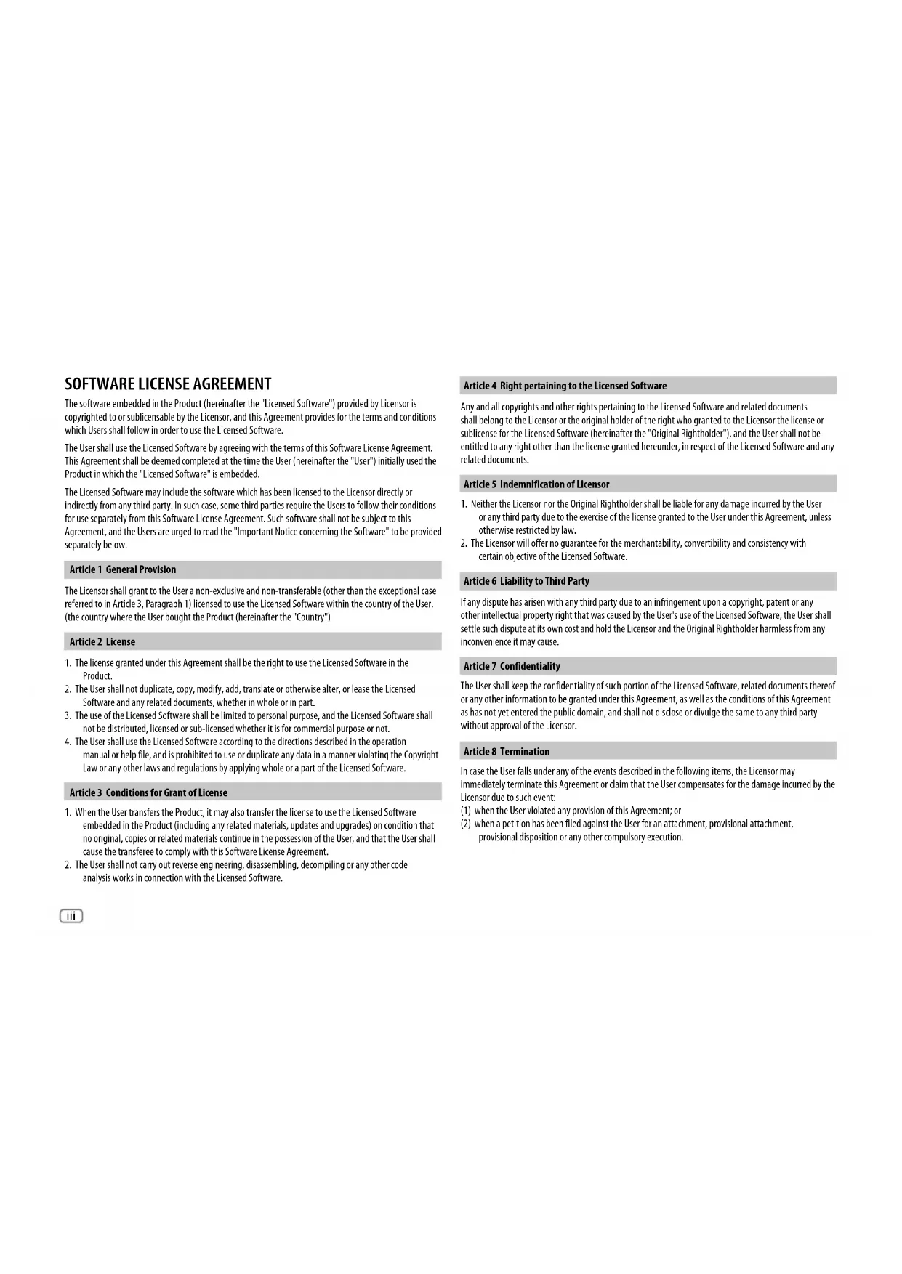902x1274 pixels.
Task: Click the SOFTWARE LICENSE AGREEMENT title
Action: click(168, 384)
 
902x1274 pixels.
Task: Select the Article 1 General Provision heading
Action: click(123, 569)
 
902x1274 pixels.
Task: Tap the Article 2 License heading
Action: click(102, 641)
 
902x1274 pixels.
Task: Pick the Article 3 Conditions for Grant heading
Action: click(148, 792)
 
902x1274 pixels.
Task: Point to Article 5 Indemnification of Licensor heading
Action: click(536, 484)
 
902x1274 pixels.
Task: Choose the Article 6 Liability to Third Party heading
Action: click(526, 581)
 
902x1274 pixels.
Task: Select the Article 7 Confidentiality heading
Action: click(512, 666)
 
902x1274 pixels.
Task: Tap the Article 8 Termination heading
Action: click(507, 752)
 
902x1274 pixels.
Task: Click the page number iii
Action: click(71, 916)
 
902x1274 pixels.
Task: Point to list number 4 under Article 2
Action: click(68, 742)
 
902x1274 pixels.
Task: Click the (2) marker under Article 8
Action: click(466, 824)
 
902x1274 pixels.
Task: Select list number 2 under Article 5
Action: click(464, 543)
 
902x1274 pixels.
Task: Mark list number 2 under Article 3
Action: click(68, 865)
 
